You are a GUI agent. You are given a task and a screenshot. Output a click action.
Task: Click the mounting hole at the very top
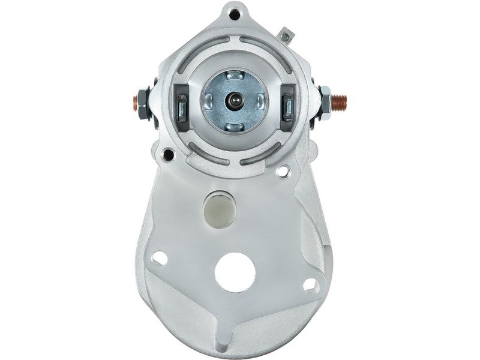coord(235,13)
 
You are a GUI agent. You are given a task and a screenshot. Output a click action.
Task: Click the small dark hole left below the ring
coord(169,155)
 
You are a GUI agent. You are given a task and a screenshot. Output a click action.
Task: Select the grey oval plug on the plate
coord(220,209)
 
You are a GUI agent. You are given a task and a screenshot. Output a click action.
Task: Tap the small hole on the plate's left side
coord(160,258)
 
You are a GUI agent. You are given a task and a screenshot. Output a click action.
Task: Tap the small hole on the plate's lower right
coord(310,284)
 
